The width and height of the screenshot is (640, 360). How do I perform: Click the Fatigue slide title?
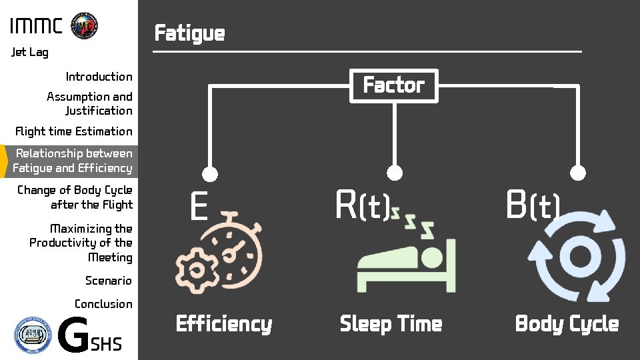tap(189, 33)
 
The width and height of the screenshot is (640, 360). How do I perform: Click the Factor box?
tap(394, 85)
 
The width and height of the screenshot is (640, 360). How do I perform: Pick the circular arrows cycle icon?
tap(577, 256)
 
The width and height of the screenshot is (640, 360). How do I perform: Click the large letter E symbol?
tap(198, 207)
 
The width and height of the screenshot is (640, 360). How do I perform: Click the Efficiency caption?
tap(224, 324)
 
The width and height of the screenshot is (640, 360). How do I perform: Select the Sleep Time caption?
tap(391, 324)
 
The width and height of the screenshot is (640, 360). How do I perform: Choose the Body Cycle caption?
tap(567, 324)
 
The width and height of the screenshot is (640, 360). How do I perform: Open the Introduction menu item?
tap(99, 77)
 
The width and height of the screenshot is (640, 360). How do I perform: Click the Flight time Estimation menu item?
tap(74, 131)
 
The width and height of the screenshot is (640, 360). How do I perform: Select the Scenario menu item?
tap(108, 281)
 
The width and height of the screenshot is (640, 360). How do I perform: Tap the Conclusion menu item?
tap(103, 304)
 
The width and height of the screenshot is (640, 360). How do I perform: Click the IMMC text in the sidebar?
tap(36, 27)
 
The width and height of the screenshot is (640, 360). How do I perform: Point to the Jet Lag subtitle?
tap(30, 52)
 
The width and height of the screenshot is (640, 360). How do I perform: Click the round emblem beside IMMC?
tap(84, 25)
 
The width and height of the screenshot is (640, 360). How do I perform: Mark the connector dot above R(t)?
tap(395, 173)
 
